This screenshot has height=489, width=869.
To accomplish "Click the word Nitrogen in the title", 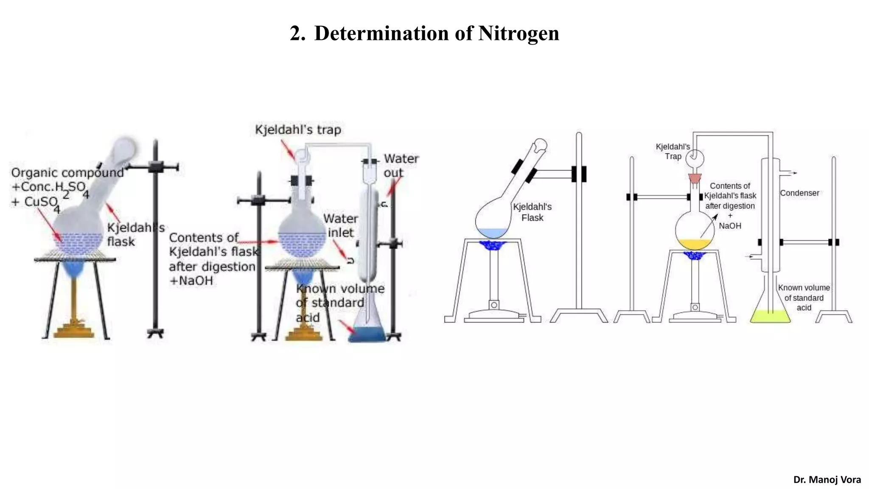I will click(519, 33).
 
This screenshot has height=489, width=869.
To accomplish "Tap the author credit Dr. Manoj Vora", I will click(827, 480).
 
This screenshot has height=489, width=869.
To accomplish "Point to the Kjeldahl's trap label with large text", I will click(298, 129).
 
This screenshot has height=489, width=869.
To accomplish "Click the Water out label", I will click(401, 166).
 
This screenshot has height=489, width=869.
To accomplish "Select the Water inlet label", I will click(340, 225).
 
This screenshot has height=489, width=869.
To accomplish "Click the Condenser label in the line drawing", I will click(799, 193).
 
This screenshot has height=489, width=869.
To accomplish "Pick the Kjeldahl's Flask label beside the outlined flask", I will click(532, 212).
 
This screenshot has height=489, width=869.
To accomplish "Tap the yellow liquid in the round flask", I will click(695, 244).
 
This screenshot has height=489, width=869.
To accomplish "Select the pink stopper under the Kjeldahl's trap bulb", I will click(695, 178).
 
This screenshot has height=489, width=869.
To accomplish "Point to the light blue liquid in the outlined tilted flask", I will click(492, 233).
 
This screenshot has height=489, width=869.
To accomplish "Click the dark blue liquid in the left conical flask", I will click(367, 334).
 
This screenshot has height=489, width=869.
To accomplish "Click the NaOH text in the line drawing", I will click(730, 226).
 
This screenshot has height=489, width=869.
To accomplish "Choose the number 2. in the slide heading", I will click(297, 33).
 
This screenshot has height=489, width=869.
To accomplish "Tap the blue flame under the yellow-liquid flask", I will click(695, 256).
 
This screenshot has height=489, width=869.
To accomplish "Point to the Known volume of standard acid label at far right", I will click(804, 298).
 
